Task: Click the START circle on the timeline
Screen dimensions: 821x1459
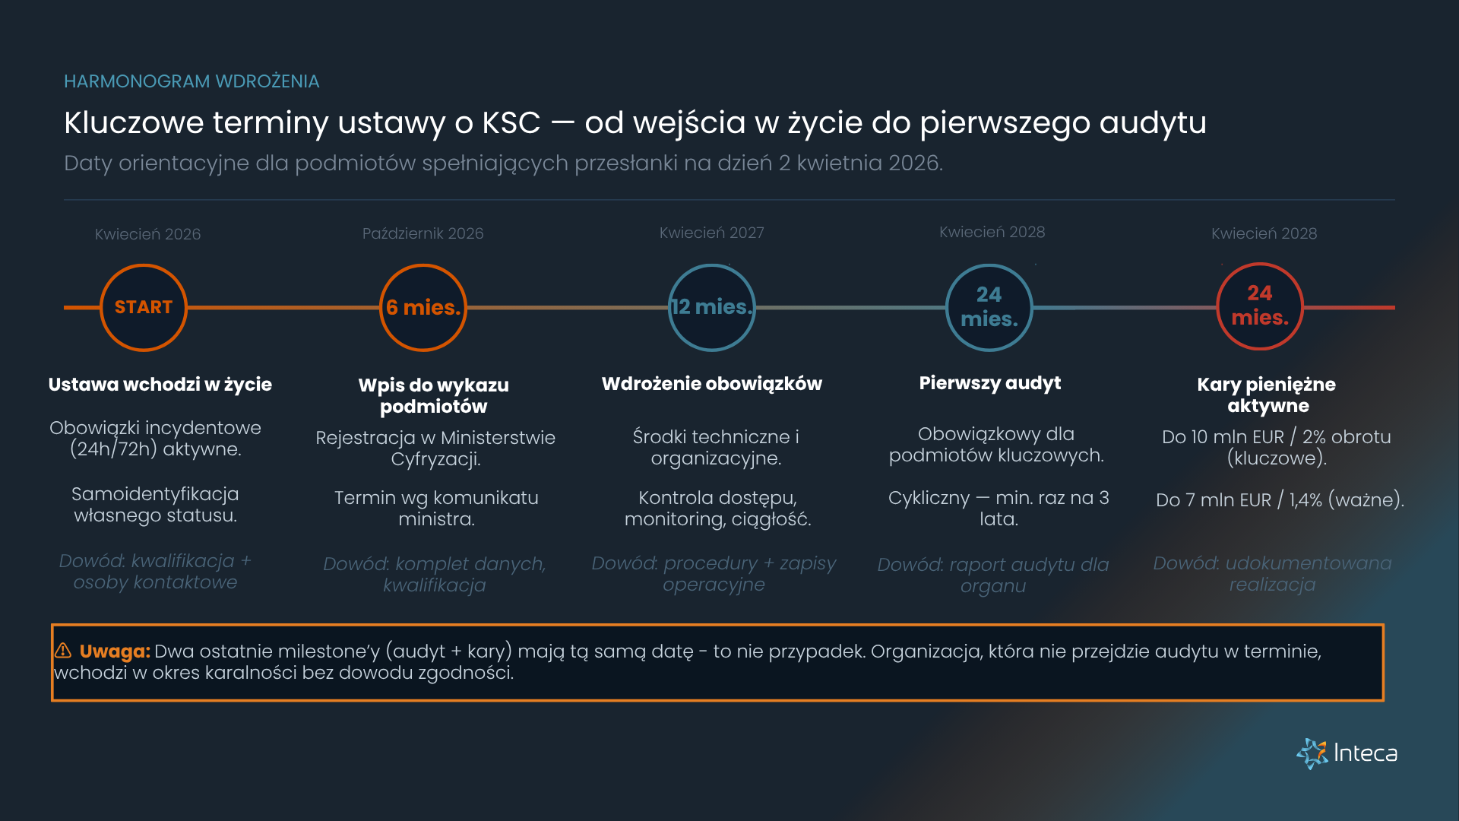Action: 144,308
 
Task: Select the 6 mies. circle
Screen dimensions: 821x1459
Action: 423,308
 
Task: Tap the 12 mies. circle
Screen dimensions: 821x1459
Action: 712,308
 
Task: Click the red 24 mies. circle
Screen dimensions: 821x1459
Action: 1260,306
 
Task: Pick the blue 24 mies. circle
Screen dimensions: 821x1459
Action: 989,308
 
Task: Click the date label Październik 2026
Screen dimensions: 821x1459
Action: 423,233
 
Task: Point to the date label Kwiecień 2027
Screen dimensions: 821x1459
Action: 711,233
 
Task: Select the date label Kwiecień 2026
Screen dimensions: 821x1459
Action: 147,234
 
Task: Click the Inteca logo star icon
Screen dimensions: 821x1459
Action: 1312,753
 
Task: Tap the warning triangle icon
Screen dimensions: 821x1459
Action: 63,651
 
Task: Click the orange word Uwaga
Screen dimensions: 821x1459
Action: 115,651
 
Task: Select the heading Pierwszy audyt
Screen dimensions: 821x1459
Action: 989,383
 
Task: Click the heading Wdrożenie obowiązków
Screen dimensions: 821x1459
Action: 711,384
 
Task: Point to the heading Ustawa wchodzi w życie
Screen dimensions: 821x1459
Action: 160,385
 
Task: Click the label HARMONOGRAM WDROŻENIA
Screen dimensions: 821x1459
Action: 191,81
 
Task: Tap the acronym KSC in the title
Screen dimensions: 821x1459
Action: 511,123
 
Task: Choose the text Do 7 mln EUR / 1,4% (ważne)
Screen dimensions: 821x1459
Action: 1280,500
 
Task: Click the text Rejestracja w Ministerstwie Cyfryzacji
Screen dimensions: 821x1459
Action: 435,449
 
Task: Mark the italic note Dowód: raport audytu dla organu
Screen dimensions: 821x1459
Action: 992,575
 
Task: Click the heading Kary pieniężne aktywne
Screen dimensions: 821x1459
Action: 1267,395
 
